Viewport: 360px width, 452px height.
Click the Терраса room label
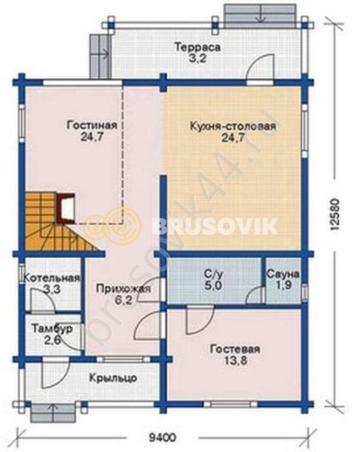[x=198, y=47]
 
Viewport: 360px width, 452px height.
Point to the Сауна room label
[x=280, y=274]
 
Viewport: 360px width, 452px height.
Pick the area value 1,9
[x=280, y=286]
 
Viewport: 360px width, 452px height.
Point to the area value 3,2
[x=198, y=60]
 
